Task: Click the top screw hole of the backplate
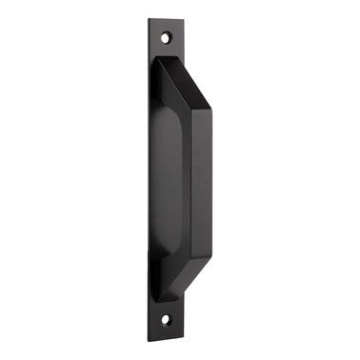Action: tap(165, 38)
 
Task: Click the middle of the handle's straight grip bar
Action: tap(202, 179)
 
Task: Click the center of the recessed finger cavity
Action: tap(166, 179)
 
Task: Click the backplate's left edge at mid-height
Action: tap(149, 179)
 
